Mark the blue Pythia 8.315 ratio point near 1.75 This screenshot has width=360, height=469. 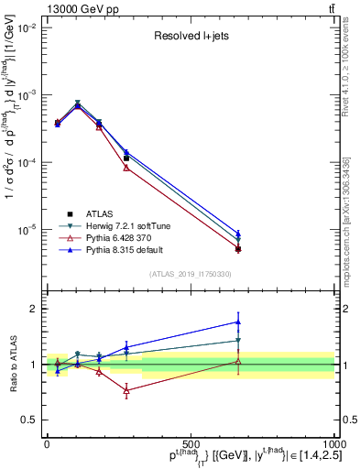tap(238, 322)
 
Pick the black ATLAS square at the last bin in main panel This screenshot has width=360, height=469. tap(238, 248)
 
